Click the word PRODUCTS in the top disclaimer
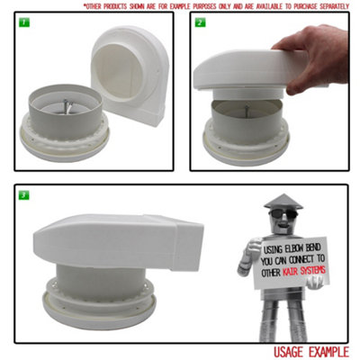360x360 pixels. [x=118, y=5]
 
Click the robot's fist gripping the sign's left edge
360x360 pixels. [x=253, y=262]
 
